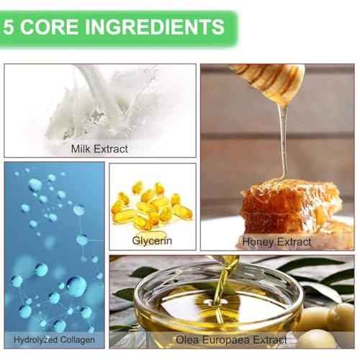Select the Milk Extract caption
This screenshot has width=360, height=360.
point(99,149)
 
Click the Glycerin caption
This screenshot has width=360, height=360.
point(152,240)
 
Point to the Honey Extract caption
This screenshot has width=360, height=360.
point(277,240)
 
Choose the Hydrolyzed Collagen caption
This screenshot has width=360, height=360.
point(54,338)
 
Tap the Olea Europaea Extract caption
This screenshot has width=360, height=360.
point(231,339)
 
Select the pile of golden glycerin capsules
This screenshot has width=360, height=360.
point(152,204)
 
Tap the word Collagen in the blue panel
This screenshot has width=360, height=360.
point(76,338)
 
